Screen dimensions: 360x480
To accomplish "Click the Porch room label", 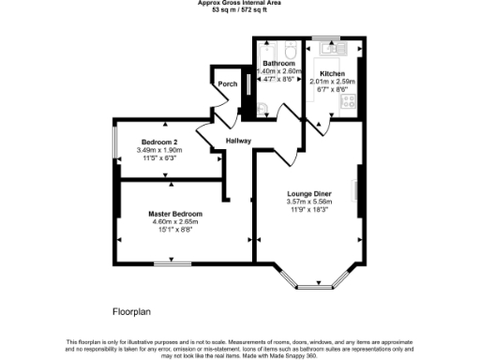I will (x=227, y=84).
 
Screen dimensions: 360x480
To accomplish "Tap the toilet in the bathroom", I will (x=291, y=50).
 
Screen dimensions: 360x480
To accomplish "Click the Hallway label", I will (x=238, y=141).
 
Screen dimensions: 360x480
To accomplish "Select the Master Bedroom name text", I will (x=175, y=214).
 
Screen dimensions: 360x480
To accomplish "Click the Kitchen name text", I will (x=333, y=73).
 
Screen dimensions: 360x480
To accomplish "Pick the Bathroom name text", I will (x=278, y=63).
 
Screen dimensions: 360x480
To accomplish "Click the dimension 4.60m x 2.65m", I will (x=175, y=221).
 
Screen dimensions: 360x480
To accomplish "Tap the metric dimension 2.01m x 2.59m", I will (x=333, y=82).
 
